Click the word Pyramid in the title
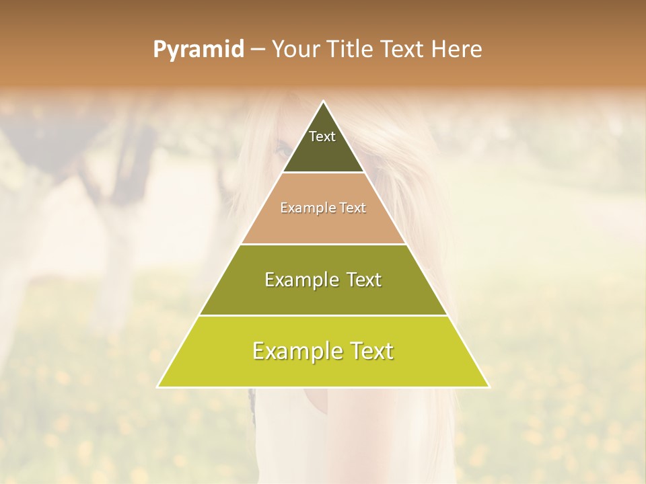[x=198, y=50]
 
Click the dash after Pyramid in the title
[x=257, y=50]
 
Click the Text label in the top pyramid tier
[x=322, y=137]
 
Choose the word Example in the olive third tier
[x=300, y=280]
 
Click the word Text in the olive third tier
[x=364, y=280]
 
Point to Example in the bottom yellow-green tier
[x=296, y=351]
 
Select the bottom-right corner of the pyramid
[x=489, y=387]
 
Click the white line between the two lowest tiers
[x=324, y=315]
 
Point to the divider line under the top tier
[x=324, y=173]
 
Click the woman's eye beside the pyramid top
[x=280, y=150]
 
